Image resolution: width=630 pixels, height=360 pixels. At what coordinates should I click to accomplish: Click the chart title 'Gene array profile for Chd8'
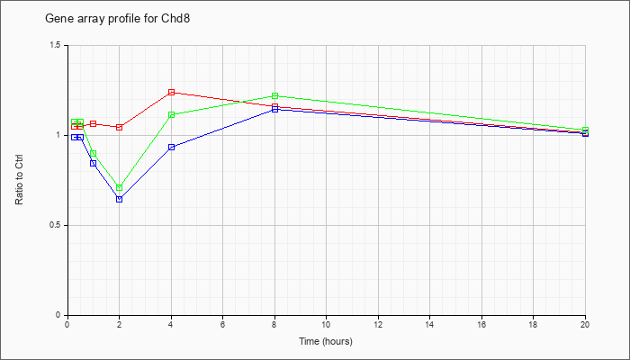pos(117,19)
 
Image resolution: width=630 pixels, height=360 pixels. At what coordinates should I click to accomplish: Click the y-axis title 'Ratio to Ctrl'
pos(19,179)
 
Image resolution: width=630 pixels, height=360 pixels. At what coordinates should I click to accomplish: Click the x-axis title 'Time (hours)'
pos(326,341)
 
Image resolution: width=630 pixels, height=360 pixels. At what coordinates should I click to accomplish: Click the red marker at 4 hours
pos(171,93)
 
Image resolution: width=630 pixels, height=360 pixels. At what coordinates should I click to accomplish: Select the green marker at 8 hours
pos(274,95)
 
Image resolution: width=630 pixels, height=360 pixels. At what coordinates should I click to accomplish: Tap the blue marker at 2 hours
pos(120,199)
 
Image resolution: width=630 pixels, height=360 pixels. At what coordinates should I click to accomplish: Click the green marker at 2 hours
pos(120,187)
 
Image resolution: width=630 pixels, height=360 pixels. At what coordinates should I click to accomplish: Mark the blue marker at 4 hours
pos(171,147)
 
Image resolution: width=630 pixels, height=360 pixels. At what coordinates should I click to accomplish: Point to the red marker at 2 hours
pos(120,128)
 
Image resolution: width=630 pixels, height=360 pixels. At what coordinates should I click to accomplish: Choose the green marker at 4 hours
pos(171,115)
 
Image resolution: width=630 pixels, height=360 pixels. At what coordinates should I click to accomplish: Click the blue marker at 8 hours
pos(274,109)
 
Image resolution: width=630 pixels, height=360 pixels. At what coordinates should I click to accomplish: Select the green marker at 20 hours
pos(585,130)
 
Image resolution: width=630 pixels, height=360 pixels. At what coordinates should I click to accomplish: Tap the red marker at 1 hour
pos(94,124)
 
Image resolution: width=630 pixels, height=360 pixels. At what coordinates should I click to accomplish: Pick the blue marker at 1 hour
pos(94,163)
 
